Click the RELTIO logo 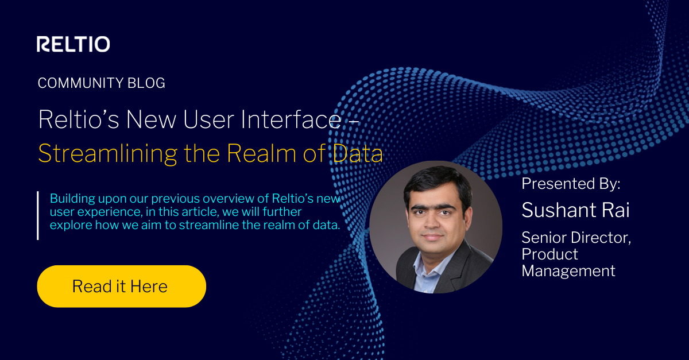coord(73,44)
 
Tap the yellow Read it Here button coord(121,286)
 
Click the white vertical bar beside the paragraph coord(38,215)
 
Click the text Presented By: coord(571,184)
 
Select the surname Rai coord(617,210)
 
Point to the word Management coord(568,270)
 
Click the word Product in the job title coord(549,254)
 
